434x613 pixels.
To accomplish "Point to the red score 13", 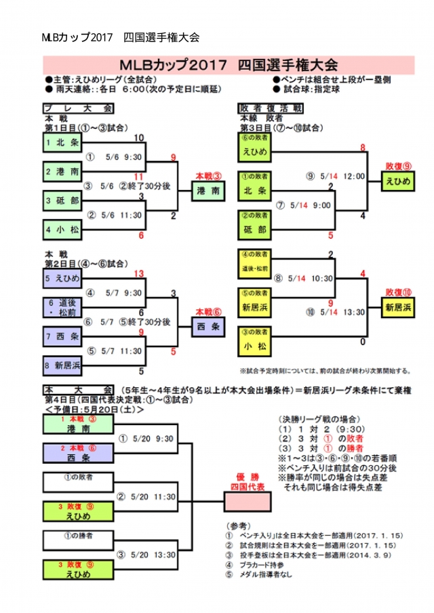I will (140, 273).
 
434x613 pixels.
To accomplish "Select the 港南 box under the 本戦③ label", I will (208, 192).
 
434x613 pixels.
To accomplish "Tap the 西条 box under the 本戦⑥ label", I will (208, 327).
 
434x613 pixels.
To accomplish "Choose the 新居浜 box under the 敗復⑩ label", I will (398, 307).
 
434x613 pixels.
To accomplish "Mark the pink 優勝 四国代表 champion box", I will (244, 500).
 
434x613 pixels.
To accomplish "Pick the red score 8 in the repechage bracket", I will (363, 147).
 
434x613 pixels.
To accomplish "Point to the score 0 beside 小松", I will (363, 342).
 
